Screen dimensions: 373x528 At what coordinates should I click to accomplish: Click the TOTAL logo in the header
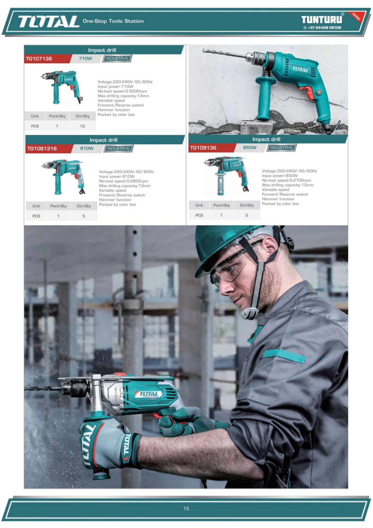(48, 21)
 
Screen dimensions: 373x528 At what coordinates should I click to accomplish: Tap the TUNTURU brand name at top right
(322, 20)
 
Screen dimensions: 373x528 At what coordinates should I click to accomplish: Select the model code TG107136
(39, 58)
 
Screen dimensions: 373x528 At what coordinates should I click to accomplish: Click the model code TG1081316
(42, 148)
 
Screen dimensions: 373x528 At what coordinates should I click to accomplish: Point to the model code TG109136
(203, 148)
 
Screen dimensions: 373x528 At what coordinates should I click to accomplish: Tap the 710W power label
(85, 58)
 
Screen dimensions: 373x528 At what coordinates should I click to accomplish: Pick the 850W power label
(250, 148)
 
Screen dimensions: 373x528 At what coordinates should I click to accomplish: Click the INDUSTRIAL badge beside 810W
(118, 148)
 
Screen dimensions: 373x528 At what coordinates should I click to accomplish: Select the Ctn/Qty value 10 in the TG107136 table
(82, 126)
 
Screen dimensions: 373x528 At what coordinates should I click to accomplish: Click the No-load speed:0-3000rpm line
(122, 91)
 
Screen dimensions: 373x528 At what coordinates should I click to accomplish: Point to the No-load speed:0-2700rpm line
(286, 180)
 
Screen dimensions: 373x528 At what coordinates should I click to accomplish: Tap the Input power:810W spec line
(117, 176)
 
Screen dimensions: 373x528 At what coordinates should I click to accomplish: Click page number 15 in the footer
(186, 508)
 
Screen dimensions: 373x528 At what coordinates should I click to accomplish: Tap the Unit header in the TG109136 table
(199, 205)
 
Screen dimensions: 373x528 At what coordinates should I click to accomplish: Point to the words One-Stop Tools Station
(113, 21)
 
